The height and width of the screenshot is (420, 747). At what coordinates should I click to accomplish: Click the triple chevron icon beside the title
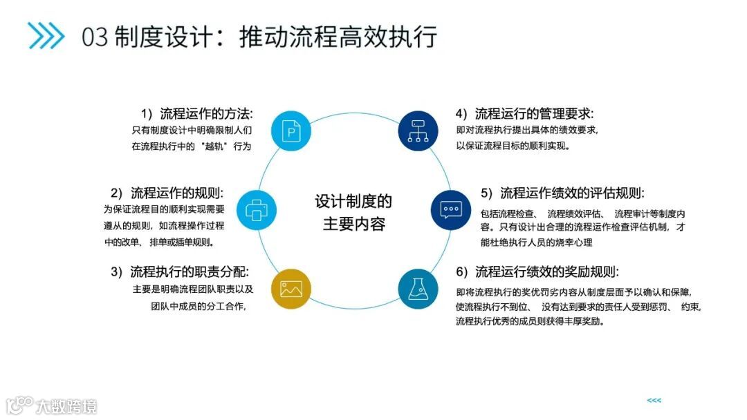tap(46, 36)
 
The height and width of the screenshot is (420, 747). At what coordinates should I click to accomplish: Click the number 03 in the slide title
tap(95, 37)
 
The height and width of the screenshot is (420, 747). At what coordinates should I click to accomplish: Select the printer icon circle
tap(257, 209)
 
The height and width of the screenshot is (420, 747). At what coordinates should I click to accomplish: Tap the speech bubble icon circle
tap(451, 209)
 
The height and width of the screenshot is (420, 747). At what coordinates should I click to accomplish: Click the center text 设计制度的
tap(353, 201)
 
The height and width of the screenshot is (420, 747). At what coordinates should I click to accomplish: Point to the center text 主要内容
tap(353, 225)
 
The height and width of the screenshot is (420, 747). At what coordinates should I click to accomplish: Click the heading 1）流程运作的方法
tap(196, 113)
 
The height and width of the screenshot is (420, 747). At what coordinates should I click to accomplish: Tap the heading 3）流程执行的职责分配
tap(179, 271)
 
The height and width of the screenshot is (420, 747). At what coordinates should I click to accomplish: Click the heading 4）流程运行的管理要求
tap(524, 113)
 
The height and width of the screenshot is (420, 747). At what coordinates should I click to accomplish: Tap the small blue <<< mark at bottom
tap(654, 401)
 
